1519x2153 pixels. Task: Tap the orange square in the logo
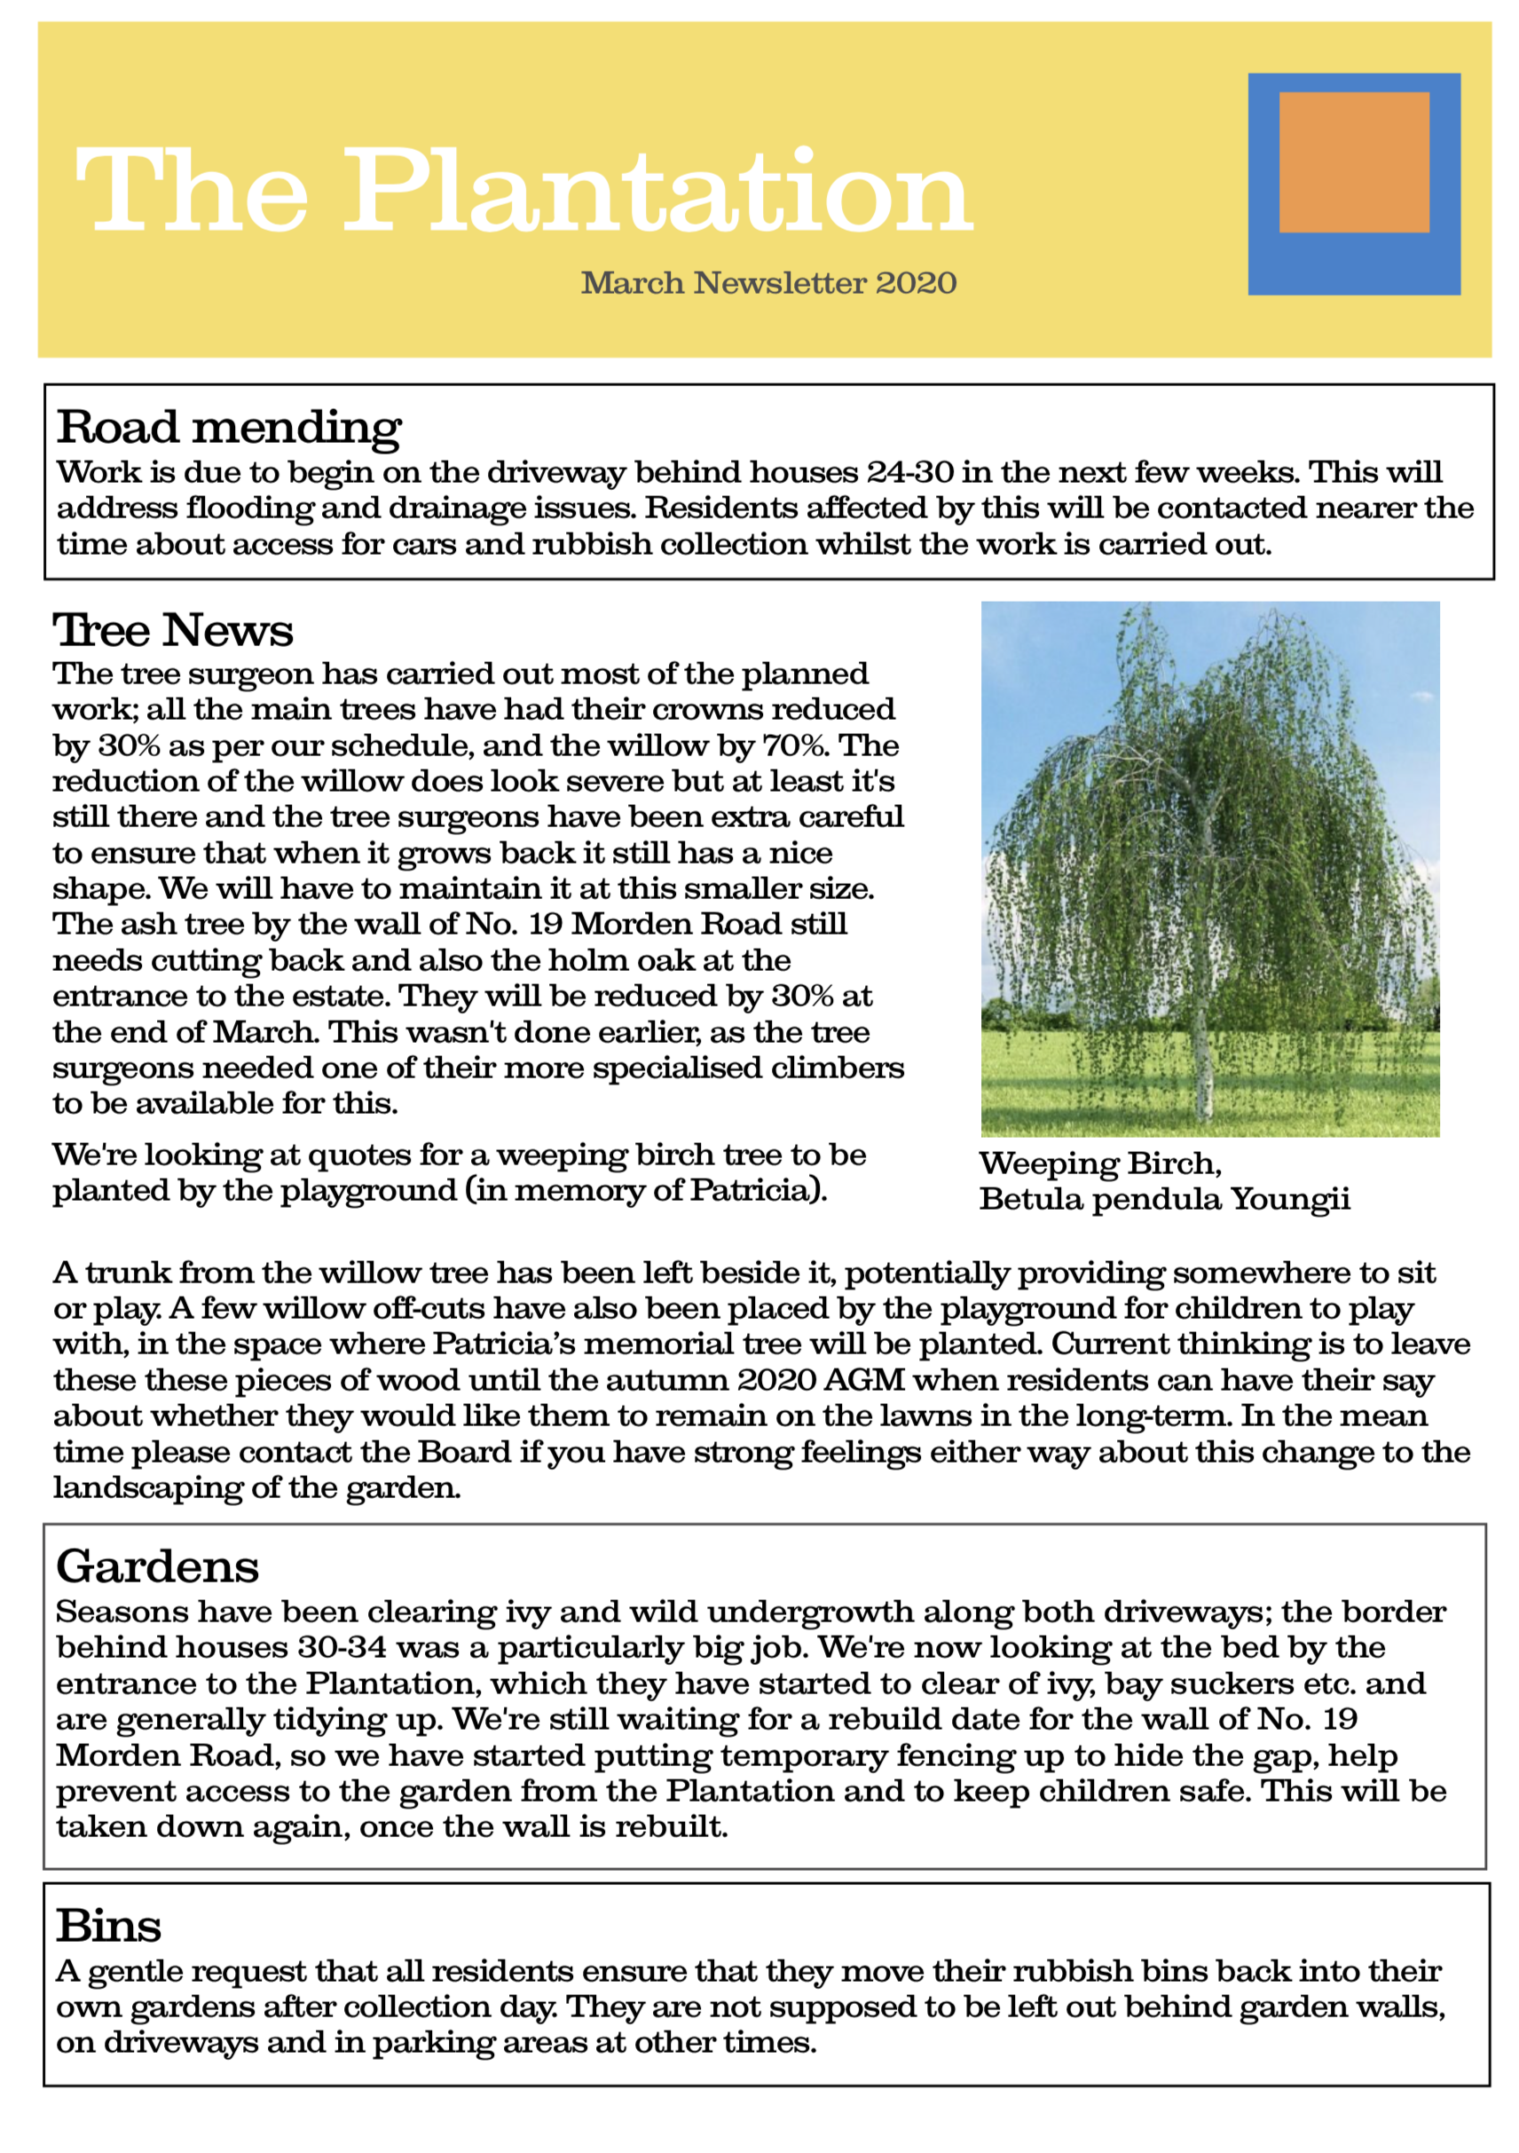(1353, 162)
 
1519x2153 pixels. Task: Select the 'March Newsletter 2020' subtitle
(768, 282)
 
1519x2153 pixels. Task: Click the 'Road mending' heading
(229, 428)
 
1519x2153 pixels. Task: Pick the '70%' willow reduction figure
(795, 745)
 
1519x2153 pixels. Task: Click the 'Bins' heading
(108, 1926)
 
